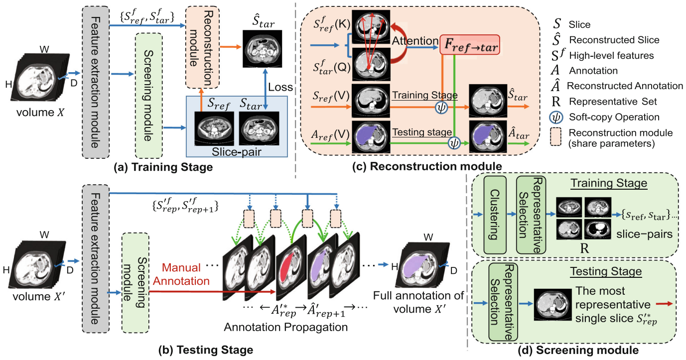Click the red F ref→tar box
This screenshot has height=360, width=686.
click(470, 46)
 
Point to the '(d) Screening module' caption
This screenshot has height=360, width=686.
click(581, 350)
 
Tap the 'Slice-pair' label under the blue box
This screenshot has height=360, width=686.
click(235, 151)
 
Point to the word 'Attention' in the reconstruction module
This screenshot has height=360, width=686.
click(413, 39)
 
